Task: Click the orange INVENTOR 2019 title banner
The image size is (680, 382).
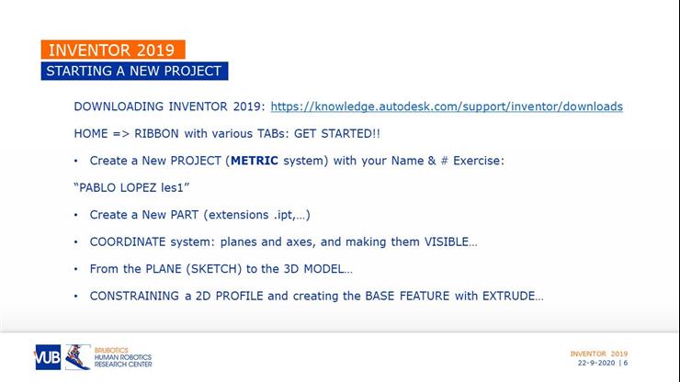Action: (113, 51)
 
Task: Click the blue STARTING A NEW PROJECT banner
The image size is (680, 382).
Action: (133, 72)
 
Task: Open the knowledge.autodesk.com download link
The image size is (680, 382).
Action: (447, 107)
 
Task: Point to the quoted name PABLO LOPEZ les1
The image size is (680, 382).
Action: (131, 188)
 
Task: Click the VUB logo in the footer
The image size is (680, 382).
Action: (47, 357)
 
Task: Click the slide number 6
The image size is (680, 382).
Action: (626, 363)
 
